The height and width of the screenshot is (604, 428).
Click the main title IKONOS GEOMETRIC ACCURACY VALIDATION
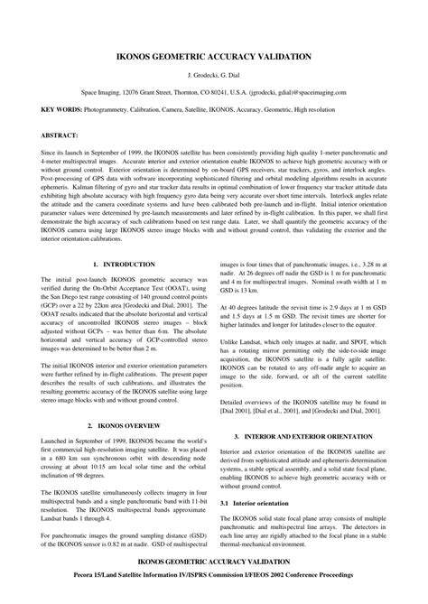pyautogui.click(x=214, y=56)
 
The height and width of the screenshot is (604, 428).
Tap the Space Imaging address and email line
pyautogui.click(x=214, y=92)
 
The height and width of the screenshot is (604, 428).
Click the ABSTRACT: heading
pyautogui.click(x=35, y=136)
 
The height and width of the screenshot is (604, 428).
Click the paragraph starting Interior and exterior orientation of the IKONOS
pyautogui.click(x=311, y=467)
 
